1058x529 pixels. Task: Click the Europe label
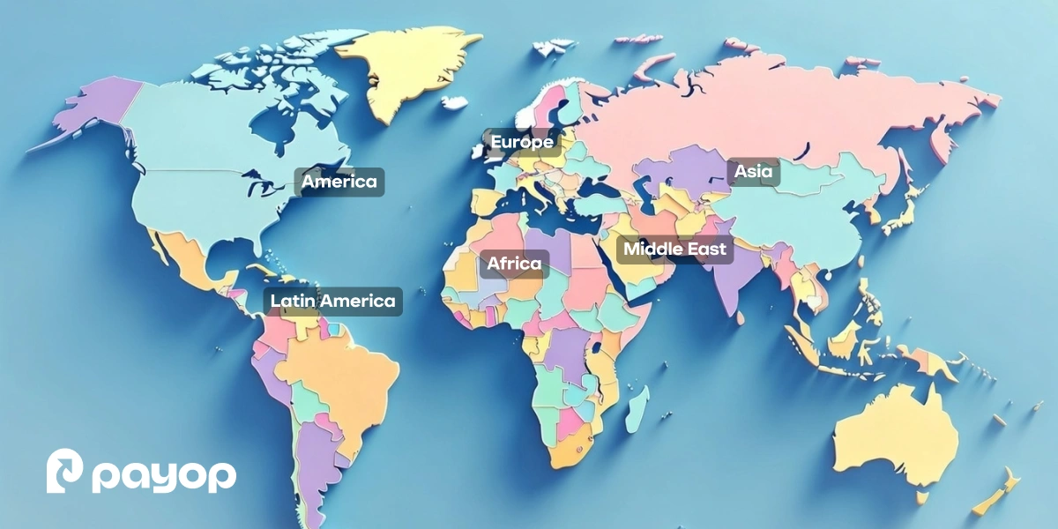coord(522,142)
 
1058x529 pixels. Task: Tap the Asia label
coord(754,172)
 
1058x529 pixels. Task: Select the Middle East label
coord(674,250)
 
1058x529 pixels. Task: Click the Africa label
coord(514,264)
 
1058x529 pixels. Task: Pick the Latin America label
coord(332,302)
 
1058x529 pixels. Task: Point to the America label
coord(339,183)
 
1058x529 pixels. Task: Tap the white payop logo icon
coord(64,471)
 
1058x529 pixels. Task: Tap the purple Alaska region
coord(93,106)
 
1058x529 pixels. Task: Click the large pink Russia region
coord(776,115)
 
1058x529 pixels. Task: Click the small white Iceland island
coord(454,103)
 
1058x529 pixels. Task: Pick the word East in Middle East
coord(706,250)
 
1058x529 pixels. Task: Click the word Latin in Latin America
coord(293,302)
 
